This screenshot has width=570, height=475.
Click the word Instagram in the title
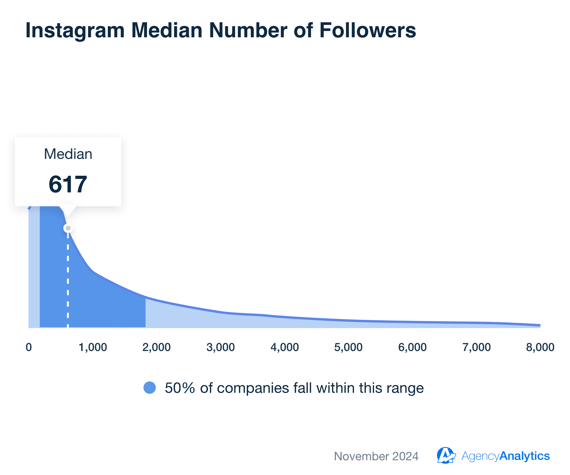(x=75, y=30)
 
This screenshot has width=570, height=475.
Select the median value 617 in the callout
(x=68, y=185)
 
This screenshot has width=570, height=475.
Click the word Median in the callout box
(x=68, y=154)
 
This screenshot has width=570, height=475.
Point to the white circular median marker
(x=68, y=228)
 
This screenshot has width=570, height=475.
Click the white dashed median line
(x=68, y=280)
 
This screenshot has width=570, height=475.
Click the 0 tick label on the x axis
(x=29, y=347)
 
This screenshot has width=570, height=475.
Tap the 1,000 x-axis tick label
(x=93, y=347)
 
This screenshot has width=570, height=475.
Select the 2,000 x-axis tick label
(x=157, y=347)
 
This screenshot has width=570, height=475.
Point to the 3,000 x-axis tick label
(x=220, y=347)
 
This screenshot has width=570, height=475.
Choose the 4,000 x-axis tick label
(x=285, y=347)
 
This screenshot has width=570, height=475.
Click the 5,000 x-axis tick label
(x=348, y=347)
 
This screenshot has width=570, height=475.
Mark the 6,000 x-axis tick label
(x=412, y=347)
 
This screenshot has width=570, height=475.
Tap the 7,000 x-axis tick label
(x=476, y=347)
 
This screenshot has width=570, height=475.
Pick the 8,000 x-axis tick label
(x=540, y=347)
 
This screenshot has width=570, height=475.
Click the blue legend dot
(x=150, y=388)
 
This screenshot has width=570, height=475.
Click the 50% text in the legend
(x=180, y=388)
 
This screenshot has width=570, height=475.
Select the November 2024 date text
(x=376, y=456)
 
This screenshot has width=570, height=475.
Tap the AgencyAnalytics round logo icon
(x=445, y=456)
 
